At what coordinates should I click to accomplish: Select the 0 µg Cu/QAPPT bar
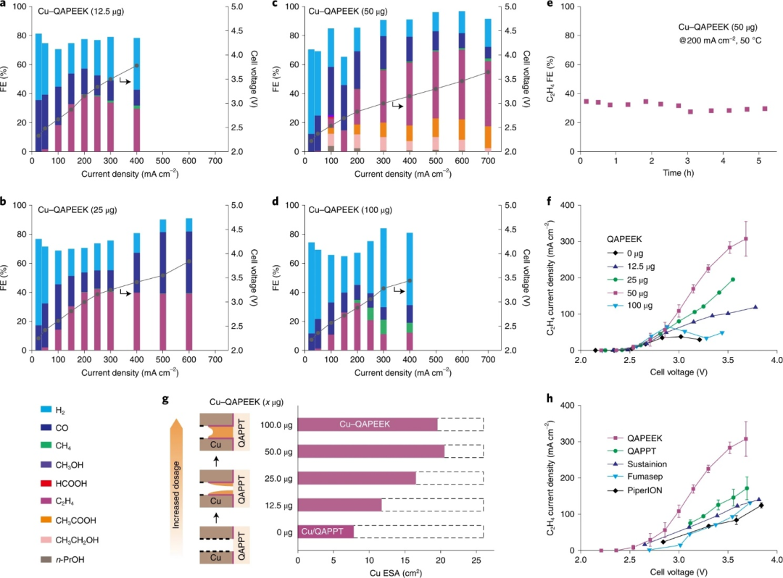[x=326, y=531]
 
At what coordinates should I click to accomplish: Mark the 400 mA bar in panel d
[x=410, y=291]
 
